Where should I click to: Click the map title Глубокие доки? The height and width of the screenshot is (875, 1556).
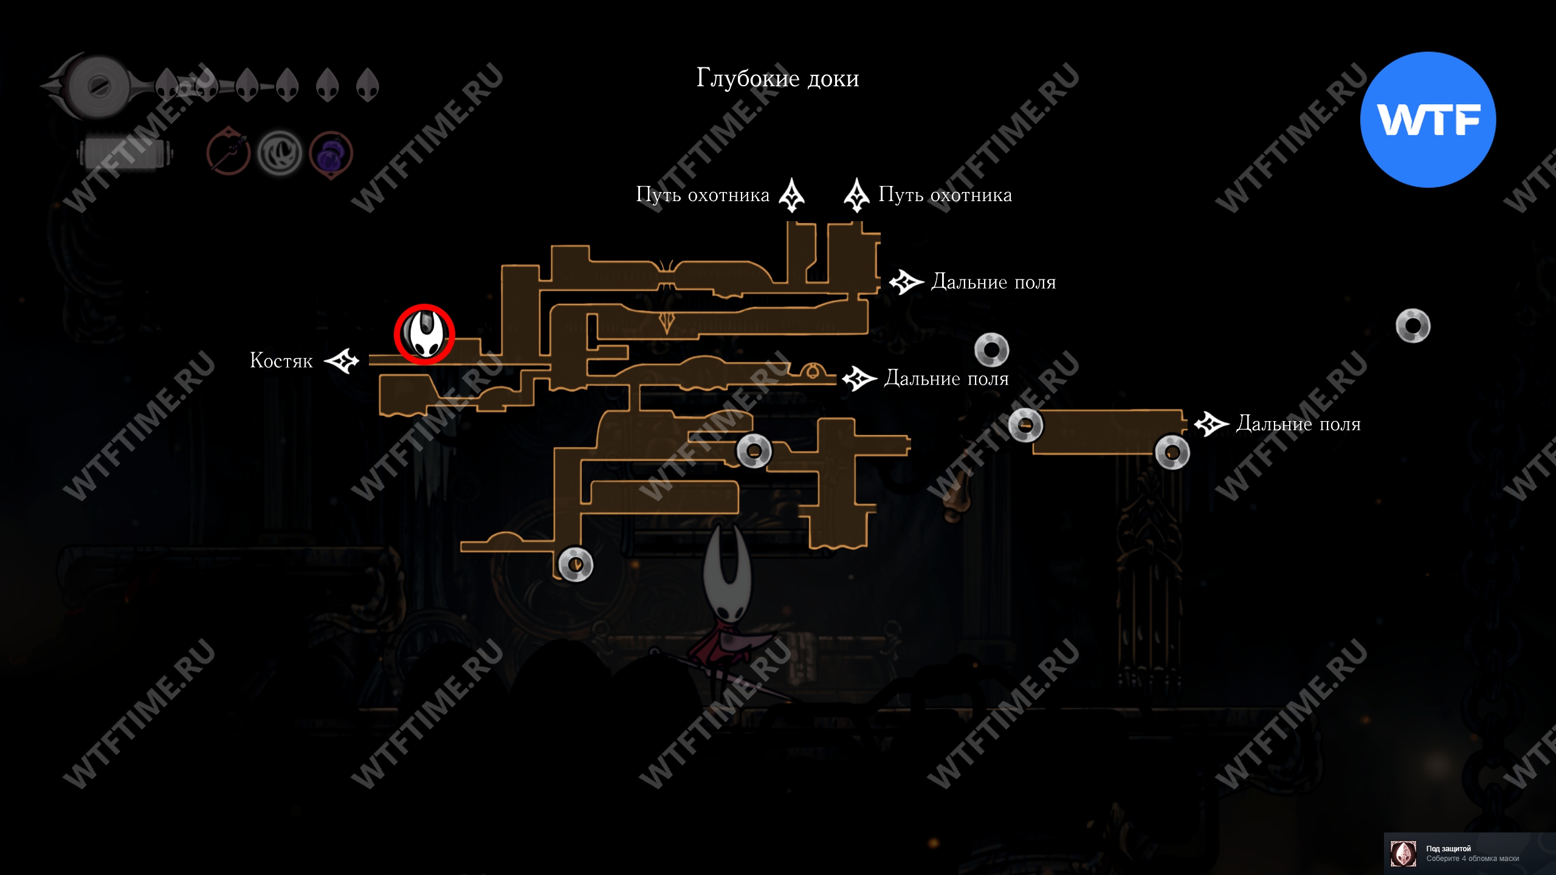pyautogui.click(x=777, y=78)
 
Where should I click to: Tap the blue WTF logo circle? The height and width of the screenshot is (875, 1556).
pyautogui.click(x=1428, y=120)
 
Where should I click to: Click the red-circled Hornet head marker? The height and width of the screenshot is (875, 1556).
pyautogui.click(x=424, y=334)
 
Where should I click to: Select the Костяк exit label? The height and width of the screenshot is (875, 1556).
pyautogui.click(x=281, y=361)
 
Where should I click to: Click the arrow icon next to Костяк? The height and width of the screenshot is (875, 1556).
pyautogui.click(x=342, y=361)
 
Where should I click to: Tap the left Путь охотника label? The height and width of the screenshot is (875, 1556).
pyautogui.click(x=703, y=195)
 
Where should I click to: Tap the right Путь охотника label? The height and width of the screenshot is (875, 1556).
pyautogui.click(x=945, y=195)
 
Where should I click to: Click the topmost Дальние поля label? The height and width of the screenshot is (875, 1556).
pyautogui.click(x=993, y=282)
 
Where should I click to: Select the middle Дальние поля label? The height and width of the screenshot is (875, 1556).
pyautogui.click(x=946, y=379)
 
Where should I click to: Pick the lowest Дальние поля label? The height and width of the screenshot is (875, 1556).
pyautogui.click(x=1298, y=424)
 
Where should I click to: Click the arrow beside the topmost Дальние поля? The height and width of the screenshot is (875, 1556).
pyautogui.click(x=906, y=282)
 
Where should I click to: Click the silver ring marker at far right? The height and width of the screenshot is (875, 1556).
pyautogui.click(x=1413, y=326)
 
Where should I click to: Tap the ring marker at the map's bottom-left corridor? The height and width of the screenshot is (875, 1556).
pyautogui.click(x=575, y=564)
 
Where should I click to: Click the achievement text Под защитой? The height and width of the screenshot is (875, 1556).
pyautogui.click(x=1448, y=848)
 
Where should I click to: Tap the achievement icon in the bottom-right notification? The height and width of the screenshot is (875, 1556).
pyautogui.click(x=1403, y=854)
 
